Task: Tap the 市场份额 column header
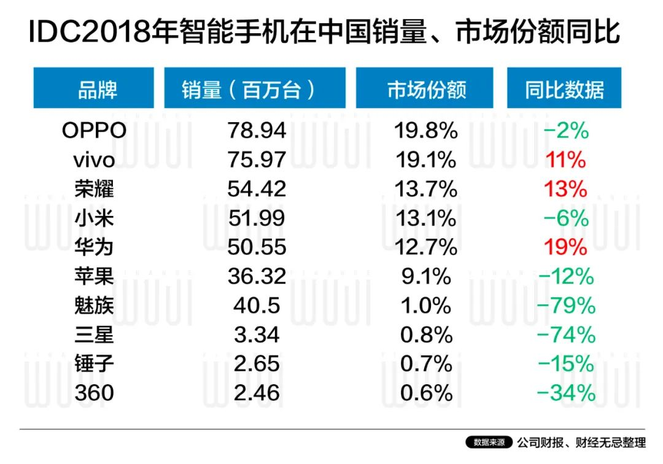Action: tap(425, 90)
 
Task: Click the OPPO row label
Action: tap(95, 130)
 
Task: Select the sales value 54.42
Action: tap(257, 189)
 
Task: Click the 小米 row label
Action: tap(95, 218)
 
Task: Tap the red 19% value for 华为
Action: tap(566, 247)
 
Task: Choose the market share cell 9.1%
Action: tap(425, 276)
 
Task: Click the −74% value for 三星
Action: tap(566, 334)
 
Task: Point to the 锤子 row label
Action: tap(95, 363)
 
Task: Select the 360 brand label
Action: tap(95, 393)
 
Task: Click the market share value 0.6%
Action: tap(425, 393)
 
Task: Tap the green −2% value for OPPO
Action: tap(566, 130)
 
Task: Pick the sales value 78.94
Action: tap(257, 130)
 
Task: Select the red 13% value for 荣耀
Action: tap(566, 189)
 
